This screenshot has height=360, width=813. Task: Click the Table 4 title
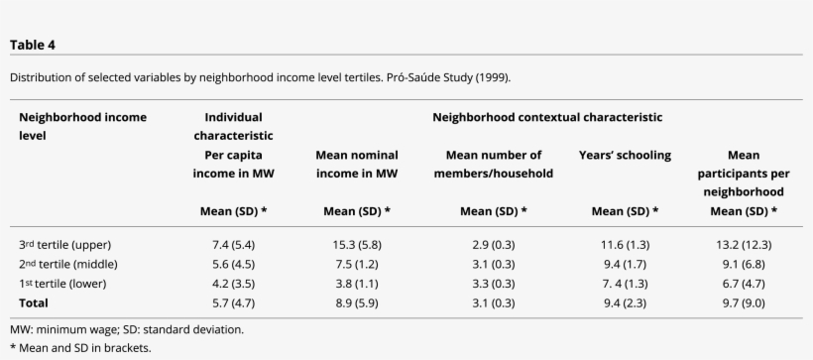[32, 44]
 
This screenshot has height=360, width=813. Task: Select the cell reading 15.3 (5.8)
[356, 244]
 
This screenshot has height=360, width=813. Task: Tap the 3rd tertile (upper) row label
[64, 244]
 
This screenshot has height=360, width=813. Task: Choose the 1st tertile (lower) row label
[63, 284]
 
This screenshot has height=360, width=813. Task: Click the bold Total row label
[34, 302]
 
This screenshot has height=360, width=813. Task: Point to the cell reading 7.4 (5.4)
[233, 244]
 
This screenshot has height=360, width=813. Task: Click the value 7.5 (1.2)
[356, 264]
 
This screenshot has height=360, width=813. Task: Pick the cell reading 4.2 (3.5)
[233, 284]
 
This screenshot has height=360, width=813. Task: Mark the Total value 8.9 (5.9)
[356, 302]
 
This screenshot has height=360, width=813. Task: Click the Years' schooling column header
[625, 155]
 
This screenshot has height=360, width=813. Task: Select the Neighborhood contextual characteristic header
[547, 117]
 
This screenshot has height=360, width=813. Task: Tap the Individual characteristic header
[233, 126]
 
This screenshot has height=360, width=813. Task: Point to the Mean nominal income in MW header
[356, 164]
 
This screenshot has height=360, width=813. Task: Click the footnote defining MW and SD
[127, 329]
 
